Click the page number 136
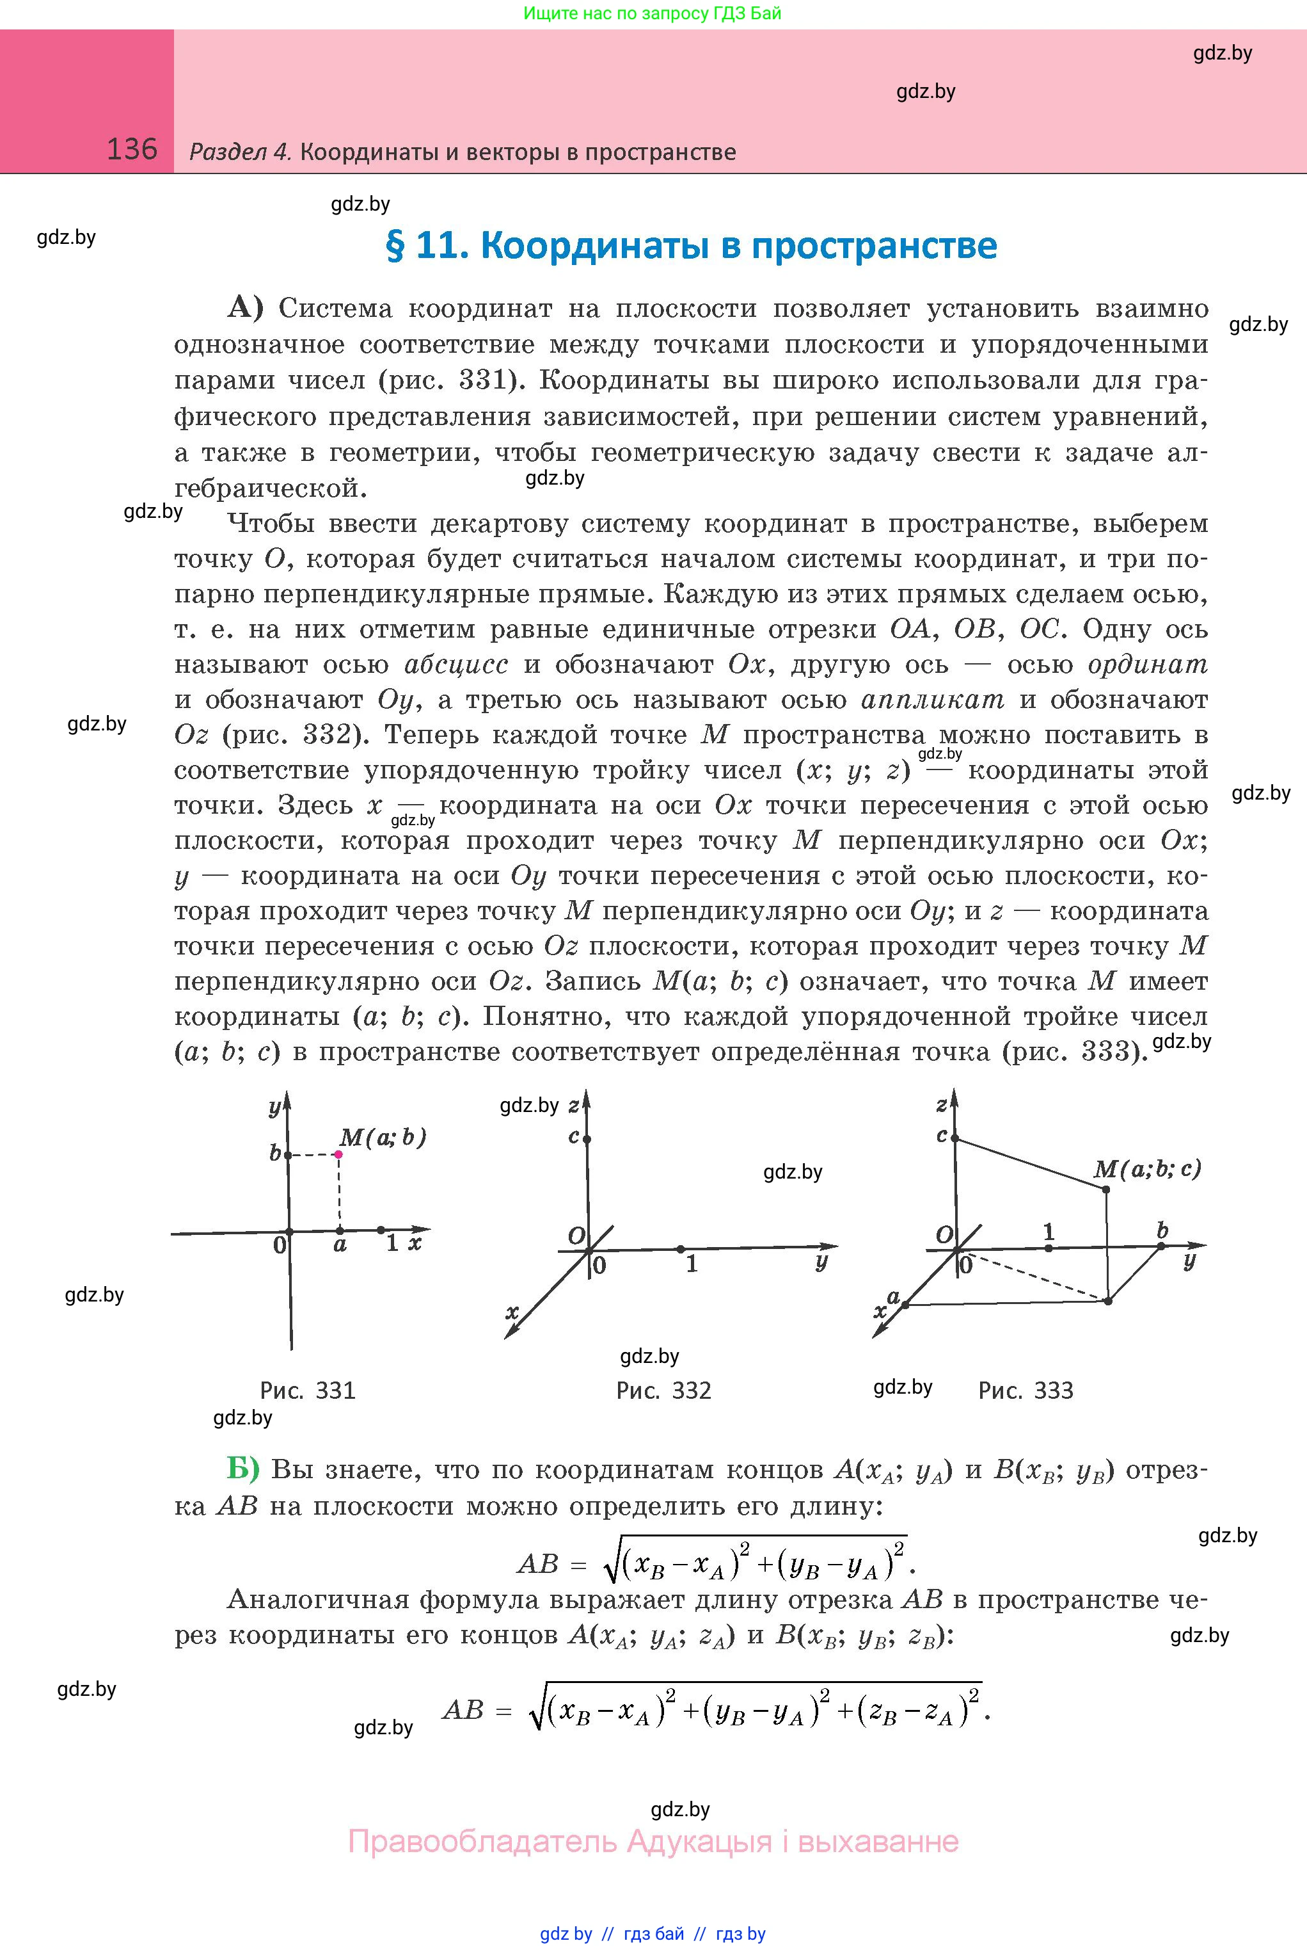(132, 149)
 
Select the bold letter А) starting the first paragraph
(245, 309)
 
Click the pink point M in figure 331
(338, 1154)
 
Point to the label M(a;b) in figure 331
(383, 1138)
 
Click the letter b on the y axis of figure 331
(275, 1154)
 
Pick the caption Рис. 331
(308, 1390)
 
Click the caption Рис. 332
(663, 1390)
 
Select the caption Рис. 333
(1026, 1390)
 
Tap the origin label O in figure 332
(576, 1236)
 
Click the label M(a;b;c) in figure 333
(1147, 1168)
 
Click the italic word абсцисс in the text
(456, 665)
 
